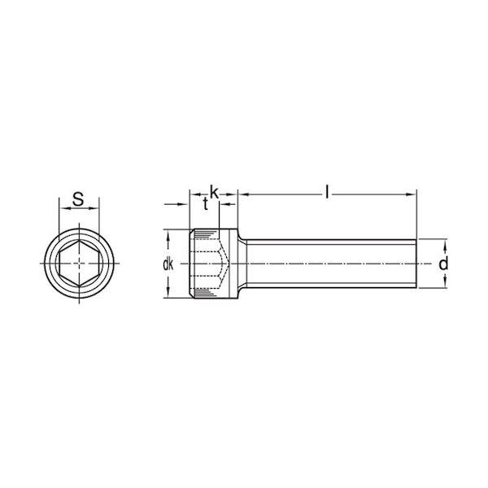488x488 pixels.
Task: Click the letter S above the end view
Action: [78, 199]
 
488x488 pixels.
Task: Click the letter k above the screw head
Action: [214, 192]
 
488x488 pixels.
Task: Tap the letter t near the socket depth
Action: [205, 204]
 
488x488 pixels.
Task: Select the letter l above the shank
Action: [326, 192]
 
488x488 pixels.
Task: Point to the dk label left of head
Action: [168, 264]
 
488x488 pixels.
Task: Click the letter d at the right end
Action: [443, 264]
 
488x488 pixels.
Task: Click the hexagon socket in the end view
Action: [80, 264]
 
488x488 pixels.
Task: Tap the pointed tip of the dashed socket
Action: [229, 264]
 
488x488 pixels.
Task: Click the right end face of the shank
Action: [416, 264]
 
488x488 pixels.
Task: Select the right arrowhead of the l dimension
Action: [412, 195]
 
